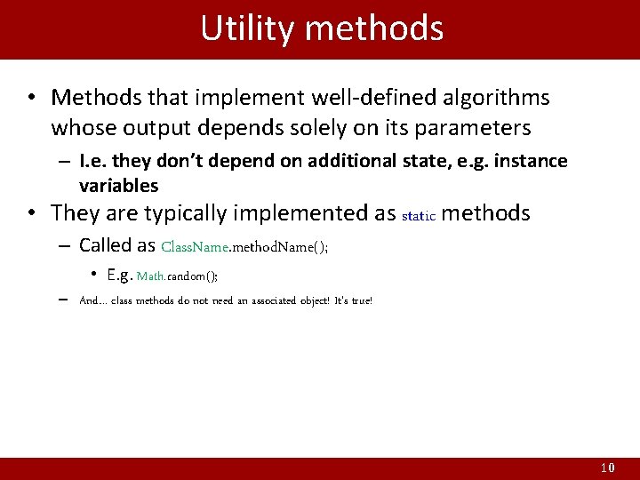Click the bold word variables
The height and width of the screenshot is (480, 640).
click(118, 185)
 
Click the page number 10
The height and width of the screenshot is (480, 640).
click(607, 468)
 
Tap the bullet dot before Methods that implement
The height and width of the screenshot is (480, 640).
click(31, 97)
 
